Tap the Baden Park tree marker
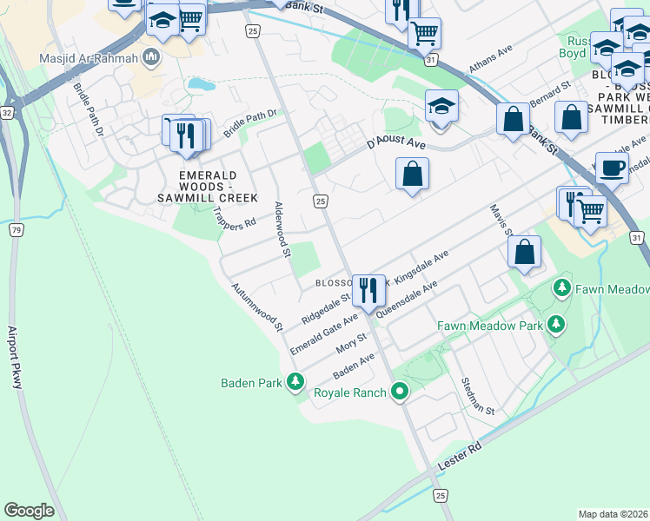coord(295,382)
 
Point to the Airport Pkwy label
coord(17,357)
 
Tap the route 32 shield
coord(7,113)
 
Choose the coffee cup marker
coord(611,168)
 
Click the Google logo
coord(29,511)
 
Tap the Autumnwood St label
coord(258,307)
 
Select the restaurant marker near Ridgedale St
coord(368,291)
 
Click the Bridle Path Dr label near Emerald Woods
coord(249,122)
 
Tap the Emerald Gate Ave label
coord(324,333)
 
